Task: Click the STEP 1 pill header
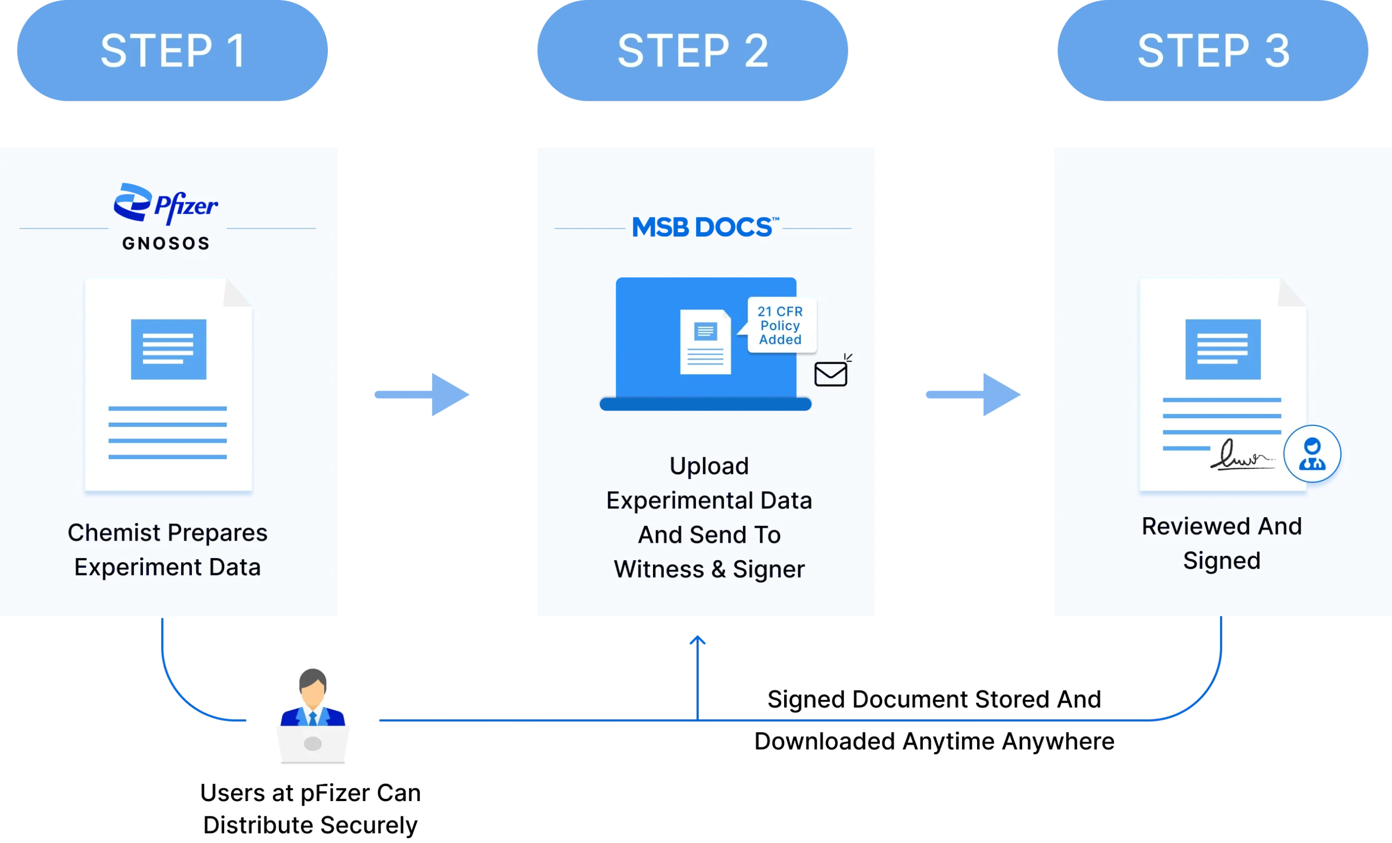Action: point(172,51)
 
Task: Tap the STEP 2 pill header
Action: point(692,51)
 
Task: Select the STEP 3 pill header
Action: point(1213,51)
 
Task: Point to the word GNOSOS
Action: point(165,244)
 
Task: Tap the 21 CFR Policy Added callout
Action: point(781,325)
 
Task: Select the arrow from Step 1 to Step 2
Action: point(422,394)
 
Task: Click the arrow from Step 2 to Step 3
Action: point(973,394)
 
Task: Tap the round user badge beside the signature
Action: point(1312,454)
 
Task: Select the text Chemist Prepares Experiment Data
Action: point(167,549)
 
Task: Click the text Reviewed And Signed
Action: point(1221,543)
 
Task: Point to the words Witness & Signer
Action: point(709,569)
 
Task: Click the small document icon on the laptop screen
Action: point(705,342)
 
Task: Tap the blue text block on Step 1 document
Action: point(169,349)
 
